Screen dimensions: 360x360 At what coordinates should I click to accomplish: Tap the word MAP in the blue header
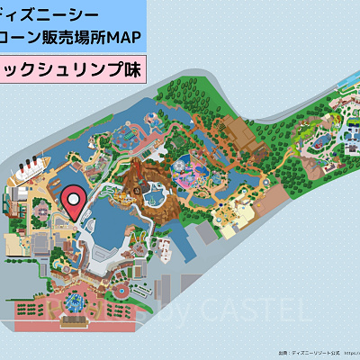coord(124,40)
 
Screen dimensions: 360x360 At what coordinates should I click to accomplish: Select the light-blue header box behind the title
coord(72,27)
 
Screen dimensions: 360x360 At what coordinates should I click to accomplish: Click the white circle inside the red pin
coord(74,195)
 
